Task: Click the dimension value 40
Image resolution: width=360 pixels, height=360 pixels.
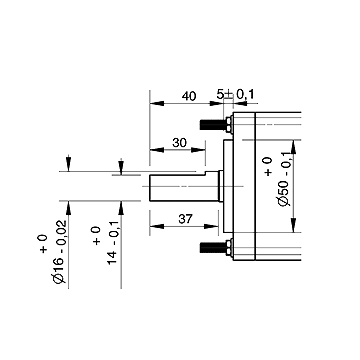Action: pyautogui.click(x=189, y=96)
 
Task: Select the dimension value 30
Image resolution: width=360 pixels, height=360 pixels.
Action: pyautogui.click(x=179, y=143)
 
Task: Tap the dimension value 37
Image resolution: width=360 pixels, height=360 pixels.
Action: pyautogui.click(x=186, y=219)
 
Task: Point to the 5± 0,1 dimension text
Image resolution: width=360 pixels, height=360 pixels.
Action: pyautogui.click(x=235, y=95)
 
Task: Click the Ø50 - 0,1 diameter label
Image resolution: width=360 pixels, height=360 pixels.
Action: pyautogui.click(x=285, y=179)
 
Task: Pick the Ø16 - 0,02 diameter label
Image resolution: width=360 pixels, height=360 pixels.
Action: pyautogui.click(x=60, y=252)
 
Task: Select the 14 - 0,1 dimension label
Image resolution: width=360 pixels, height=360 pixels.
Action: pyautogui.click(x=113, y=244)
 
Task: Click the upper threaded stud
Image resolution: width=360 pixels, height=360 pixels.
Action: pyautogui.click(x=213, y=125)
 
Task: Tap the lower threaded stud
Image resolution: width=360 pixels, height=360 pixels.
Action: pyautogui.click(x=213, y=248)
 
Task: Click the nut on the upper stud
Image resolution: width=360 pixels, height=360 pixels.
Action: pyautogui.click(x=229, y=124)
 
